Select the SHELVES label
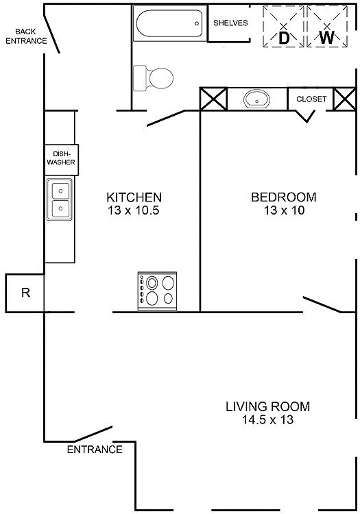pyautogui.click(x=230, y=23)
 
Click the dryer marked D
pyautogui.click(x=283, y=28)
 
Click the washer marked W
pyautogui.click(x=327, y=28)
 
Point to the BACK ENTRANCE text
pyautogui.click(x=26, y=36)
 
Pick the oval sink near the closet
pyautogui.click(x=256, y=99)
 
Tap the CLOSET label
pyautogui.click(x=311, y=99)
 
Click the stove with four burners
pyautogui.click(x=158, y=290)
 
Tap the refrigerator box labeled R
pyautogui.click(x=25, y=293)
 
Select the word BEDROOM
pyautogui.click(x=284, y=197)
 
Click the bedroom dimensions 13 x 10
pyautogui.click(x=284, y=211)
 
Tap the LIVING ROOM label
pyautogui.click(x=267, y=406)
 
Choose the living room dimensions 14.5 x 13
pyautogui.click(x=267, y=420)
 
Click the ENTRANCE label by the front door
pyautogui.click(x=95, y=450)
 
